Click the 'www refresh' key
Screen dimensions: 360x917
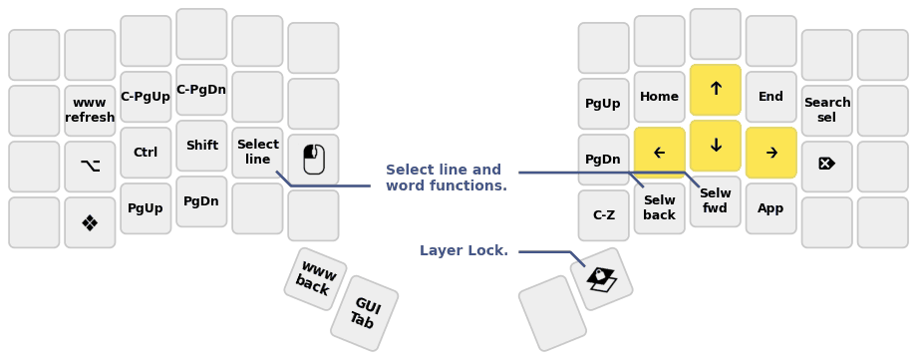click(90, 111)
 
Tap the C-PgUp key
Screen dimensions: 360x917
click(146, 97)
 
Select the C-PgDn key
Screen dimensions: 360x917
click(201, 90)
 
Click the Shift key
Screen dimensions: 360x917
click(201, 146)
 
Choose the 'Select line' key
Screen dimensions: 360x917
click(257, 153)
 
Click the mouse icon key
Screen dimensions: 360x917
click(313, 160)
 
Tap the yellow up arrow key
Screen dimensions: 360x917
click(715, 90)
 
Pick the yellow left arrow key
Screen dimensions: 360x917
click(659, 153)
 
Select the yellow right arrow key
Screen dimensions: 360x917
click(770, 153)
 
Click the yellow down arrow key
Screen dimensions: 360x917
click(715, 146)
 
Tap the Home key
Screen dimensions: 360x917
click(659, 97)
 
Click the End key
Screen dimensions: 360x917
click(770, 97)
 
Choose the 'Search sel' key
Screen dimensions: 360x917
click(826, 111)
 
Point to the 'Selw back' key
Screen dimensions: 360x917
click(659, 208)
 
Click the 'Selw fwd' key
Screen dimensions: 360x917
click(715, 201)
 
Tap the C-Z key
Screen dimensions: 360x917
click(603, 215)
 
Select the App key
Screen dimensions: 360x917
click(770, 208)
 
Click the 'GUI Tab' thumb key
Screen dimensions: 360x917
click(364, 313)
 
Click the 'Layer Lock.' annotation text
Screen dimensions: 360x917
click(463, 251)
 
